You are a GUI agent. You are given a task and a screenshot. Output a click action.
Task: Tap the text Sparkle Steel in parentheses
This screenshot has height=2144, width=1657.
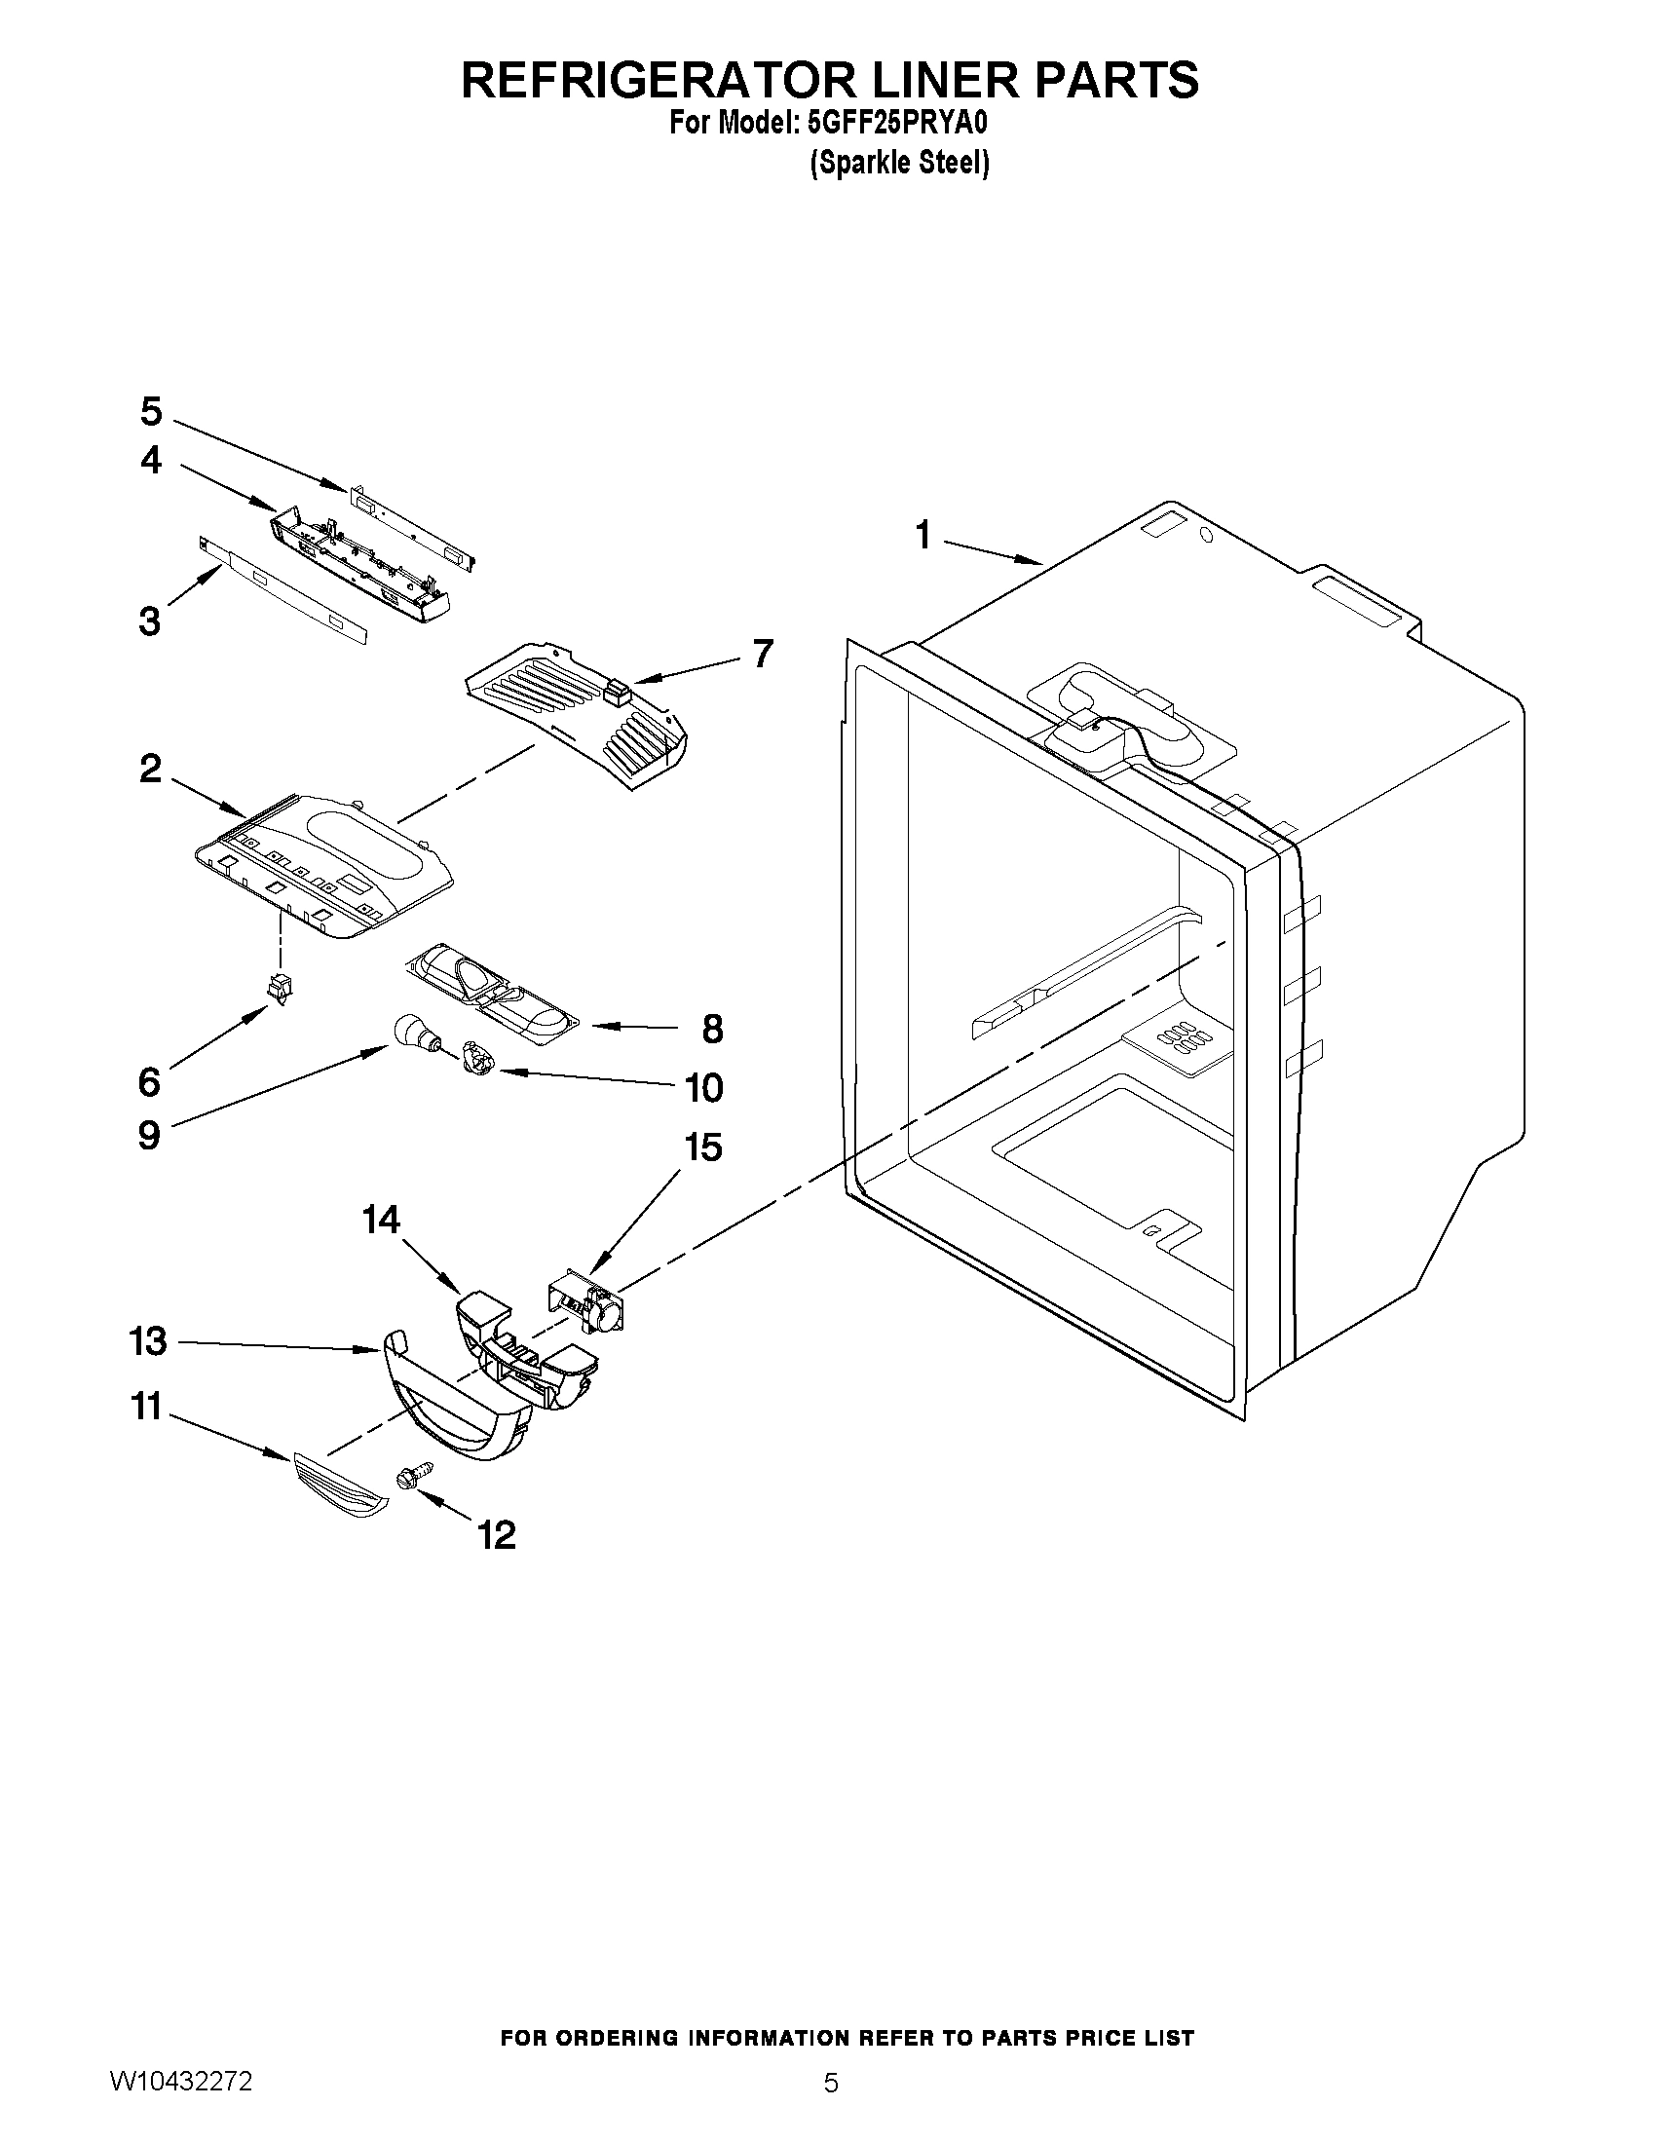tap(899, 163)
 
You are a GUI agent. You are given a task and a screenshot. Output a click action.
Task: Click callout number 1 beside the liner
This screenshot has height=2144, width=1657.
tap(923, 536)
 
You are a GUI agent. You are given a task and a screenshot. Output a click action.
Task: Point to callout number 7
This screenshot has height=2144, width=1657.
tap(763, 654)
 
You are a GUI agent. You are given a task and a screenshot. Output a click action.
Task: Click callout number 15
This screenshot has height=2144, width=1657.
tap(703, 1147)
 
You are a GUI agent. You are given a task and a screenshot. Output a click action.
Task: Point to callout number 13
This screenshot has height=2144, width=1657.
tap(149, 1342)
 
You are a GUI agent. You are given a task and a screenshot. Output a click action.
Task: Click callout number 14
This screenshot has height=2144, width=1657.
tap(381, 1221)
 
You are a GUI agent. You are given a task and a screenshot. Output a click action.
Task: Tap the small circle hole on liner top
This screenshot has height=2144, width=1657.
tap(1207, 536)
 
